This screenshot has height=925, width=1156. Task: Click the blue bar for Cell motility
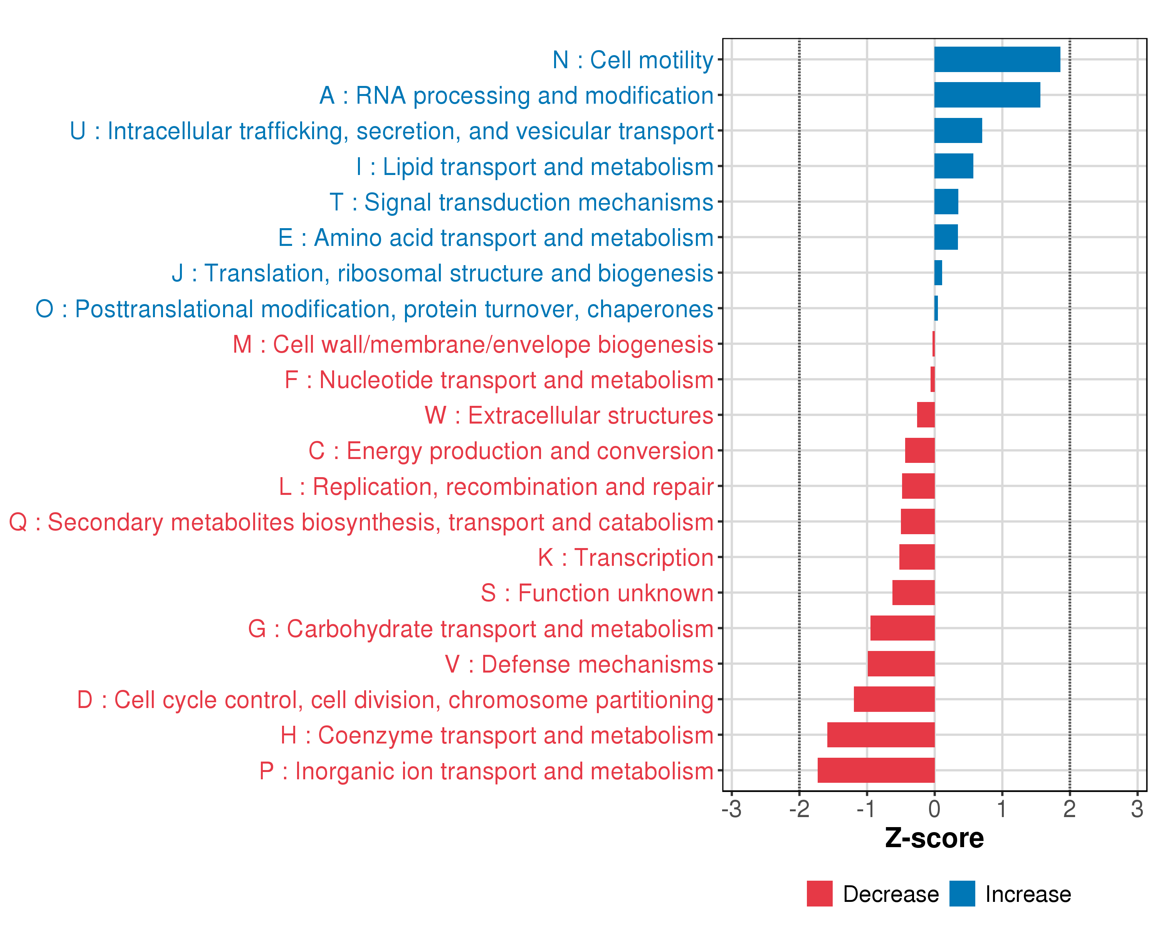pyautogui.click(x=997, y=59)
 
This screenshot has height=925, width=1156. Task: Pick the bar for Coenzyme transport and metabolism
pyautogui.click(x=880, y=735)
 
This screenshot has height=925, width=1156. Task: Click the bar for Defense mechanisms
pyautogui.click(x=901, y=664)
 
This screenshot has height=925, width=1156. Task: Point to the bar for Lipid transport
pyautogui.click(x=953, y=166)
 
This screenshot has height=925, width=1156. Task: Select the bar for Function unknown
pyautogui.click(x=913, y=592)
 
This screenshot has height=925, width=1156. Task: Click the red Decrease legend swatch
pyautogui.click(x=819, y=894)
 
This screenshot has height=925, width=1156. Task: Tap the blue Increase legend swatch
pyautogui.click(x=962, y=894)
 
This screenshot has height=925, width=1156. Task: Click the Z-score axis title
pyautogui.click(x=934, y=838)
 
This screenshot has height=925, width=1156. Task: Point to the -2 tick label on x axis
pyautogui.click(x=799, y=809)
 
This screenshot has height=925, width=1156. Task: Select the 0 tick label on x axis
pyautogui.click(x=934, y=809)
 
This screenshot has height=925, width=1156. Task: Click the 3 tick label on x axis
pyautogui.click(x=1137, y=809)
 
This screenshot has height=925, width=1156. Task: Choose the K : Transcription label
pyautogui.click(x=625, y=558)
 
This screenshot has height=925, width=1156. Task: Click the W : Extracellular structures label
pyautogui.click(x=568, y=415)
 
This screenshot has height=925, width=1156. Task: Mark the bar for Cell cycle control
pyautogui.click(x=894, y=699)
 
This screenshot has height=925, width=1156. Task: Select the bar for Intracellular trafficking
pyautogui.click(x=958, y=131)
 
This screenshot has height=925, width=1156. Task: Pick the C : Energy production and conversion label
pyautogui.click(x=511, y=451)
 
